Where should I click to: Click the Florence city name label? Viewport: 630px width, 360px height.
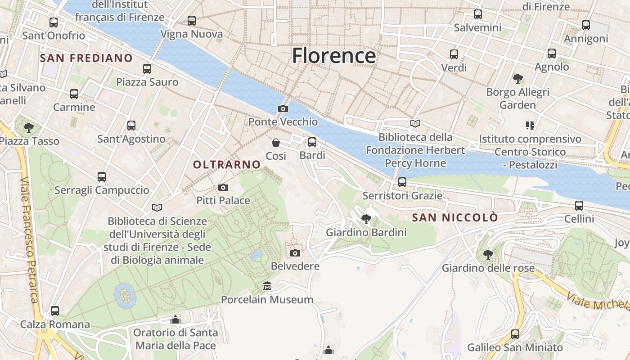pos(333,56)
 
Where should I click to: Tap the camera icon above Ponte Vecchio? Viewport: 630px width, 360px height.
pos(283,108)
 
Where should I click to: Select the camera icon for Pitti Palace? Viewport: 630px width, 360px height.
pos(223,187)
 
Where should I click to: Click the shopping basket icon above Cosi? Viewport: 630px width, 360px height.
pos(276,143)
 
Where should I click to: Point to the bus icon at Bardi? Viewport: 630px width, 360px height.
pos(312,142)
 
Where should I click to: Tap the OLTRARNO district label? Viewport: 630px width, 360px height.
pos(227,165)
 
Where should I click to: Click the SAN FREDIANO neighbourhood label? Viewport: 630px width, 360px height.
pos(86,58)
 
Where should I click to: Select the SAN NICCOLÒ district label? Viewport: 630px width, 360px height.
pos(455,218)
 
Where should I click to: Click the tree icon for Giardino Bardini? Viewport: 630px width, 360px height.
pos(366,219)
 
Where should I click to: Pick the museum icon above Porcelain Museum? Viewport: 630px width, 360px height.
pos(267,286)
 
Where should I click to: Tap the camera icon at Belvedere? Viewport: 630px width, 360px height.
pos(295,253)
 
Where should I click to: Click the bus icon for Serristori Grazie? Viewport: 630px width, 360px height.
pos(402,182)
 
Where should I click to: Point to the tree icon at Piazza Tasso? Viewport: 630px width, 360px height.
pos(29,128)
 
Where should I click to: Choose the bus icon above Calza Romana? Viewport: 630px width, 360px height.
pos(55,311)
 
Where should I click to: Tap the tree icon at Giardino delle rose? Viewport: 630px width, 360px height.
pos(488,255)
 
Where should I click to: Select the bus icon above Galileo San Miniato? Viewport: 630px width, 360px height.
pos(515,334)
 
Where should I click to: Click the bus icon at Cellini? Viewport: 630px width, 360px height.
pos(579,206)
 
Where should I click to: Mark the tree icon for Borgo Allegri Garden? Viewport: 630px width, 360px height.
pos(518,79)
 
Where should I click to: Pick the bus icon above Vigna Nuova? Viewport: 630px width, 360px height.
pos(192,21)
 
